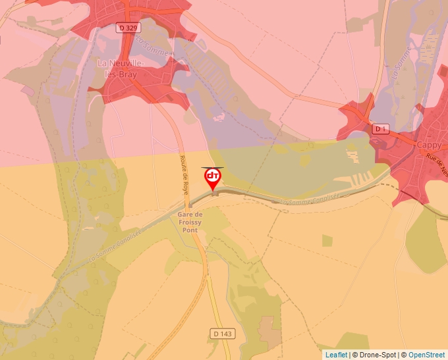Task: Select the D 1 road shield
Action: click(x=381, y=129)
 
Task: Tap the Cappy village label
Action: click(x=428, y=144)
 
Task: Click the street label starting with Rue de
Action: click(x=437, y=164)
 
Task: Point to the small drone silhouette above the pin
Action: click(x=212, y=167)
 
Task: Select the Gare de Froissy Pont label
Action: click(x=190, y=222)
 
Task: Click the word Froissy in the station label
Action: click(x=190, y=222)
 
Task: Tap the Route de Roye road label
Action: click(x=185, y=175)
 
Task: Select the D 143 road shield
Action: click(x=223, y=334)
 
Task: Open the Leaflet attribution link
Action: click(x=337, y=355)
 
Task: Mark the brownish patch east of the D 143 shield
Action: click(x=269, y=329)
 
